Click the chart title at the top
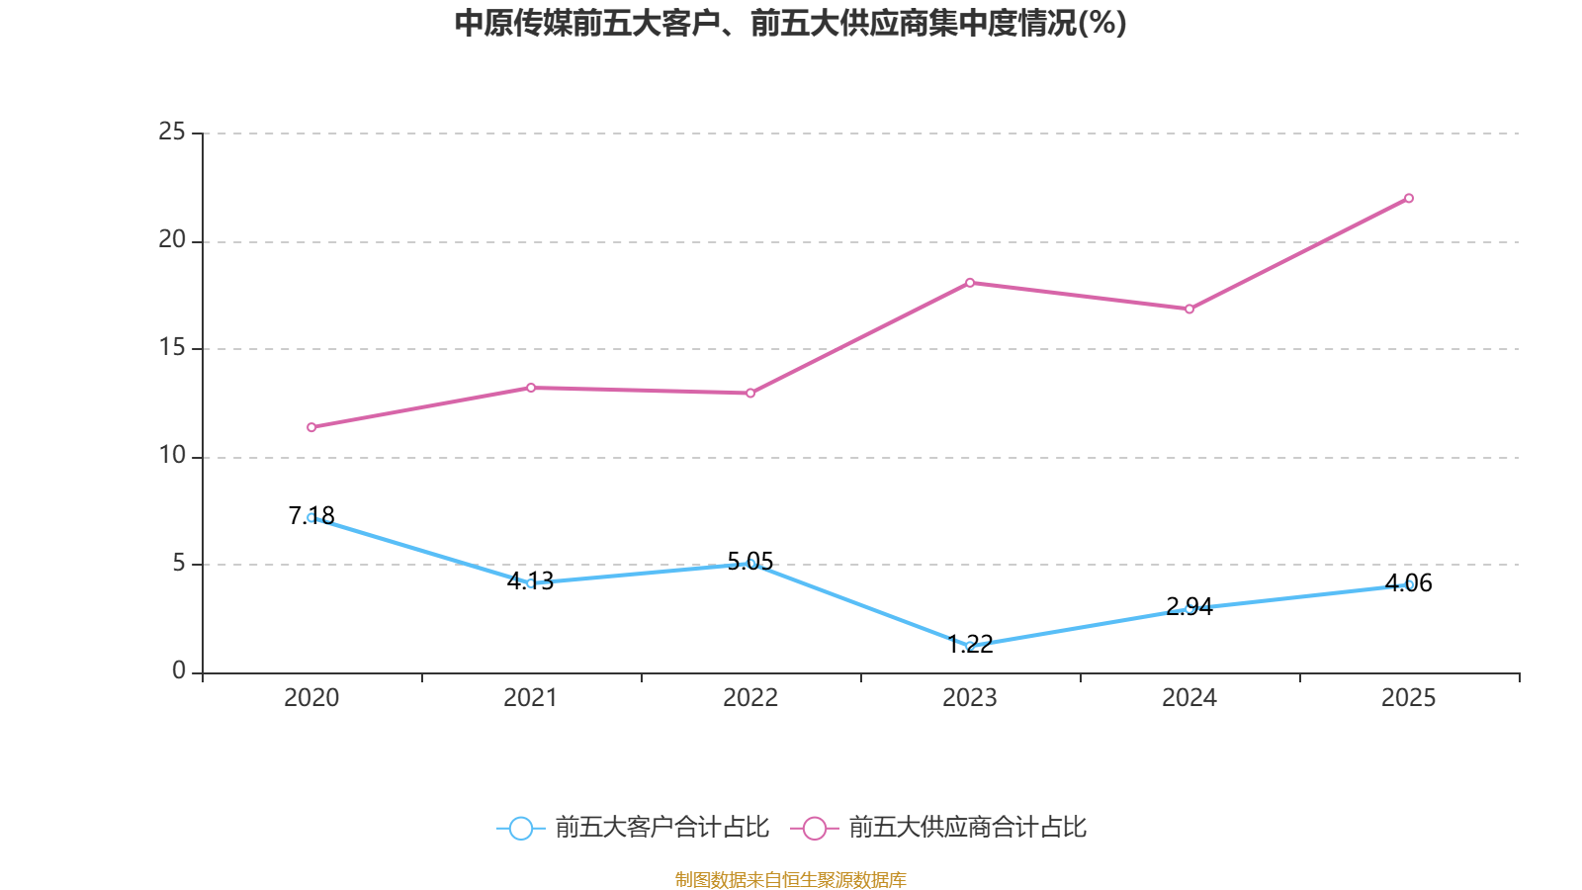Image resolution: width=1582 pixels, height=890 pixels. [x=790, y=23]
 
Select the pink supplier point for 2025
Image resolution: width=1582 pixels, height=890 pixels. [x=1409, y=198]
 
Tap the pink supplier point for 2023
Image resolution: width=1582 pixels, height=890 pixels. [x=970, y=283]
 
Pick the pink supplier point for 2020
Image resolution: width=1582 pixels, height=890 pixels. [x=311, y=427]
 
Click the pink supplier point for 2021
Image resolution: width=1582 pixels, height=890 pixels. [x=531, y=388]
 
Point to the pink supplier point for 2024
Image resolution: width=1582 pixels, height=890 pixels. [x=1189, y=310]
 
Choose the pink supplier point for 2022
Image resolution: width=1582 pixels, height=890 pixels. [x=750, y=394]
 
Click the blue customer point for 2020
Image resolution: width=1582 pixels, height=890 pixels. [x=311, y=517]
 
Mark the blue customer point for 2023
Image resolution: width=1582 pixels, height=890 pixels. [x=970, y=646]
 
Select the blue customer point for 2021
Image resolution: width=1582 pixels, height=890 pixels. [x=531, y=583]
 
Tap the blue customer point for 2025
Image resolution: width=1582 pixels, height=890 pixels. [x=1409, y=584]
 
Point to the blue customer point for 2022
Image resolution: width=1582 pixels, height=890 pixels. [x=750, y=564]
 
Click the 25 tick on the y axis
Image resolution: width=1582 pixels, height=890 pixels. [x=172, y=132]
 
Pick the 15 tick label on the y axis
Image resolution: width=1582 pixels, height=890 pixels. [x=172, y=347]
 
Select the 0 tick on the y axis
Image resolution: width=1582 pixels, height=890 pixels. [x=179, y=670]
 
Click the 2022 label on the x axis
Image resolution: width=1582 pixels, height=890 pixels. [x=750, y=698]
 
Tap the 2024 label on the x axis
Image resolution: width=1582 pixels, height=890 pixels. [x=1189, y=698]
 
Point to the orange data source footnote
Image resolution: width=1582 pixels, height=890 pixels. [x=790, y=879]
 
